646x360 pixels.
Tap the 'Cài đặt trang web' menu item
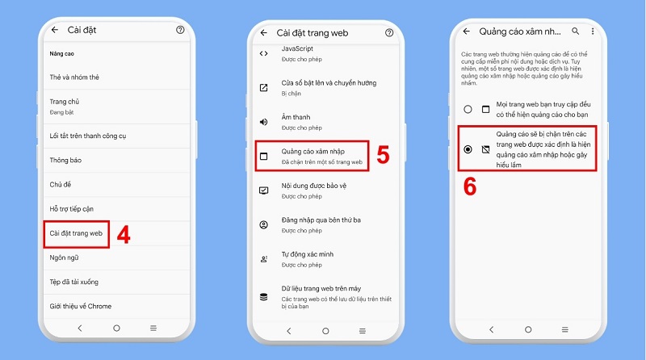pos(76,233)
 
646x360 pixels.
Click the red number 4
pos(123,235)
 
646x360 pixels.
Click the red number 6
pos(469,186)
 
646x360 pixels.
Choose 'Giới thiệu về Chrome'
pos(80,306)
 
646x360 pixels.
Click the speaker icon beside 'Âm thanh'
pos(263,122)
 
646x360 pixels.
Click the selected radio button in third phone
pos(468,149)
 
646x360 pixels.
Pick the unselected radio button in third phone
pos(468,109)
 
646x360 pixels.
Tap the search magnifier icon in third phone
pos(575,31)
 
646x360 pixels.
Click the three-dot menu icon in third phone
pos(592,31)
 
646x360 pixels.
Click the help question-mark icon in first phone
pos(179,30)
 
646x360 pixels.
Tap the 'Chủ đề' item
pos(61,184)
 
